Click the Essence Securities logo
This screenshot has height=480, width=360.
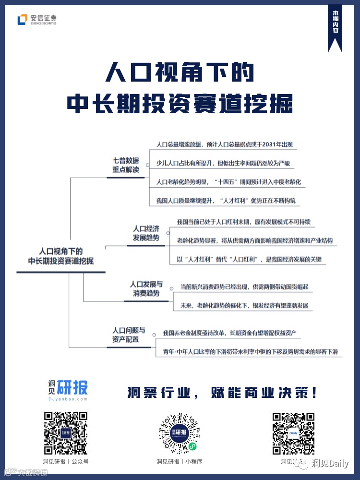37,20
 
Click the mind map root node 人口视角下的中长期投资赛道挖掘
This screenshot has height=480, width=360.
61,256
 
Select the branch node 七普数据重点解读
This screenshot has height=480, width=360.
126,165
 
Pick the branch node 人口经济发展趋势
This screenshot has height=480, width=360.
146,233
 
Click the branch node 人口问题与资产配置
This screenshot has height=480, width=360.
129,335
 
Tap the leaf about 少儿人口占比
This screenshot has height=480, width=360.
223,163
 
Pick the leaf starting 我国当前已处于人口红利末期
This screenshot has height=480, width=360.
243,222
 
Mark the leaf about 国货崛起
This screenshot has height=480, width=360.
244,287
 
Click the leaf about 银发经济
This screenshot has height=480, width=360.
244,305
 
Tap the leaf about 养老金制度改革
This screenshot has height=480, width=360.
229,333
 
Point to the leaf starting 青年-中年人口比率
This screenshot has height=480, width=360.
247,352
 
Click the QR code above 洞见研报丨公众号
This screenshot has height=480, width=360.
65,433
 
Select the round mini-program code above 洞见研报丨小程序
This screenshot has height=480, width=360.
180,433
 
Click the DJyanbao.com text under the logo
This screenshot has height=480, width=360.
68,399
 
